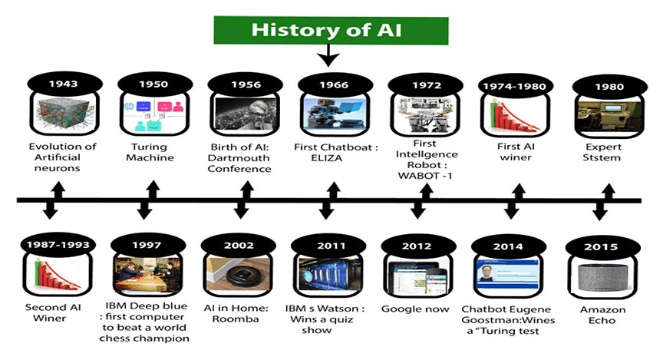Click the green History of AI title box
331,31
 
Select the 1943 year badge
64,84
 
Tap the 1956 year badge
246,84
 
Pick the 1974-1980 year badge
515,86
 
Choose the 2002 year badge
239,246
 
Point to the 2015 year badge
601,246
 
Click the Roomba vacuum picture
239,275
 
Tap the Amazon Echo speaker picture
603,278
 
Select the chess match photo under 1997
147,275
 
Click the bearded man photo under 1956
246,114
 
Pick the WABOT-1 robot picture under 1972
425,114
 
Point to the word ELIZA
326,158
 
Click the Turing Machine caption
150,152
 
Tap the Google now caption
415,309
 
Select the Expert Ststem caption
602,152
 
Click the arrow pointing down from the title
328,55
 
